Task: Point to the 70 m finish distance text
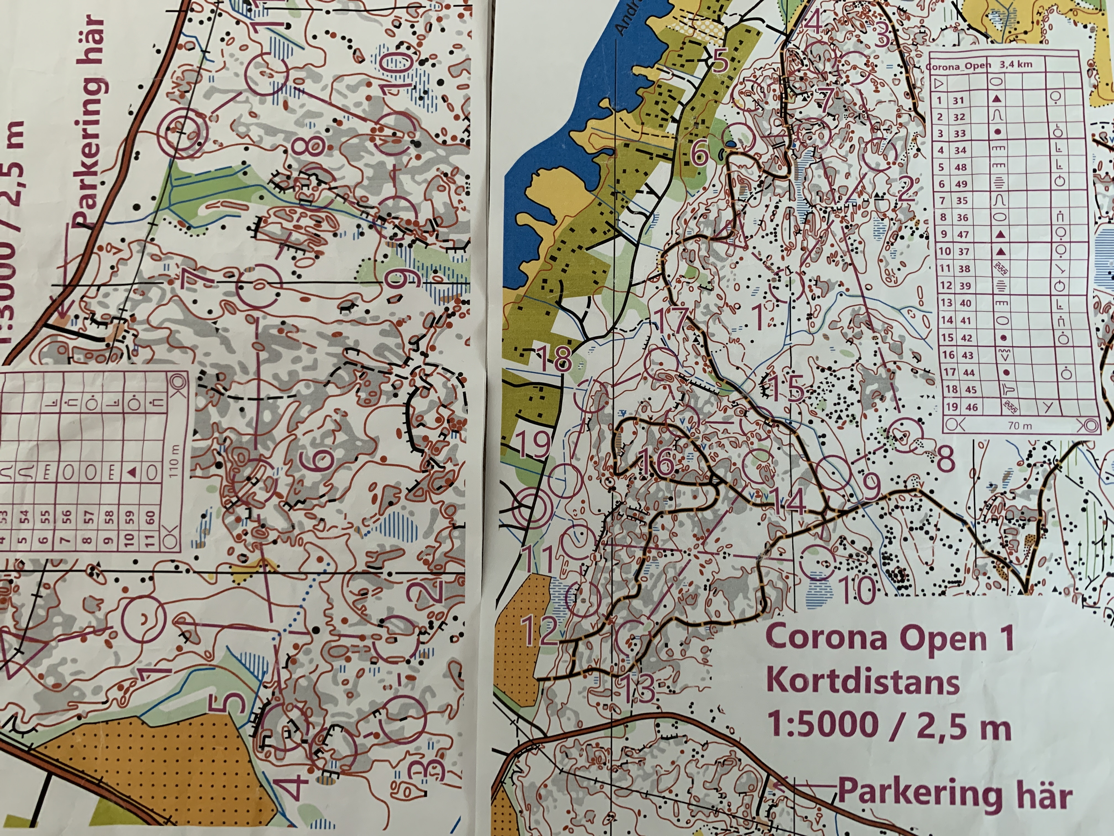coord(1020,426)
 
